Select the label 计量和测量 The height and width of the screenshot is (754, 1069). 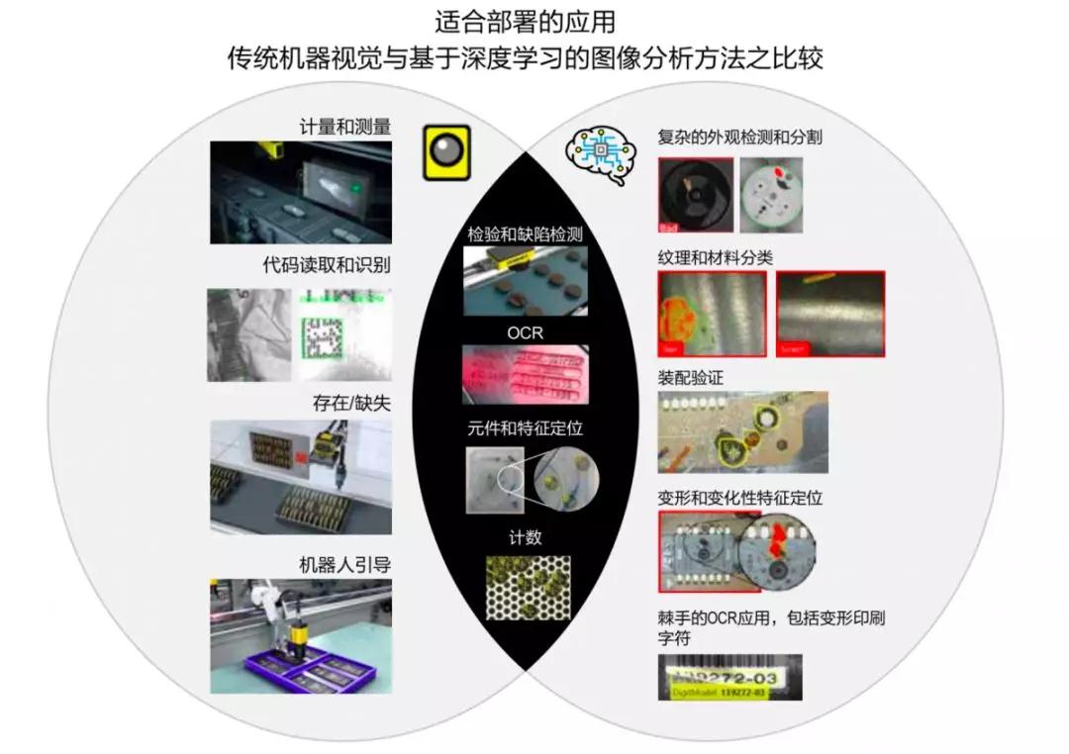[x=345, y=127]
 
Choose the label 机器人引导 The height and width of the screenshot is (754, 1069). [x=345, y=565]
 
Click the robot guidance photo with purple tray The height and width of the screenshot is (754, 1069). [x=301, y=636]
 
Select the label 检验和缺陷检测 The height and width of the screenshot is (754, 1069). [x=525, y=235]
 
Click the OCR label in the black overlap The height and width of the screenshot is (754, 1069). [x=525, y=332]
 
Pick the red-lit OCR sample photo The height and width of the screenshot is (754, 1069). [x=525, y=374]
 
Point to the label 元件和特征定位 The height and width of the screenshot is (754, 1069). [x=525, y=430]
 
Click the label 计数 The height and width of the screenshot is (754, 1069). [x=525, y=537]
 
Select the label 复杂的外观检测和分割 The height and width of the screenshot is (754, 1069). [x=739, y=138]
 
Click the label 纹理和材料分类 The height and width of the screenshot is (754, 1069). [x=715, y=257]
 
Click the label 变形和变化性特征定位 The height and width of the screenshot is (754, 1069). [x=739, y=498]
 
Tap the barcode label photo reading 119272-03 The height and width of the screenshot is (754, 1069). [x=730, y=677]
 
